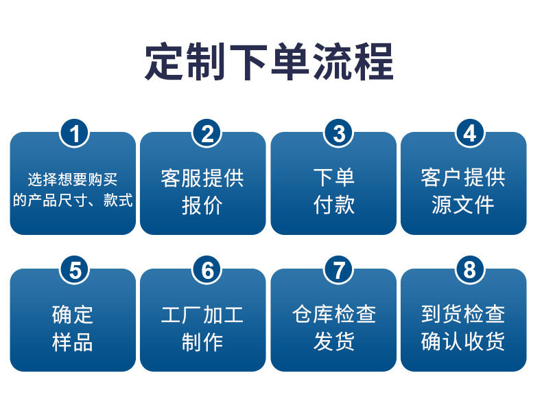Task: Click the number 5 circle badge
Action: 75,271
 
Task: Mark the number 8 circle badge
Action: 469,271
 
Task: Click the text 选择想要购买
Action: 73,180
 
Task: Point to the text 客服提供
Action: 202,178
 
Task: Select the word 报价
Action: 202,205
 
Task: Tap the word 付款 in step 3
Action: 334,205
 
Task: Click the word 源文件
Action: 463,205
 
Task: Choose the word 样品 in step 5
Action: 73,342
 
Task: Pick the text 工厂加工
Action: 202,315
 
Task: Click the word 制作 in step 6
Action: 202,342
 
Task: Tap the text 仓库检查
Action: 334,315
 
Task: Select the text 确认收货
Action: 463,342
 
